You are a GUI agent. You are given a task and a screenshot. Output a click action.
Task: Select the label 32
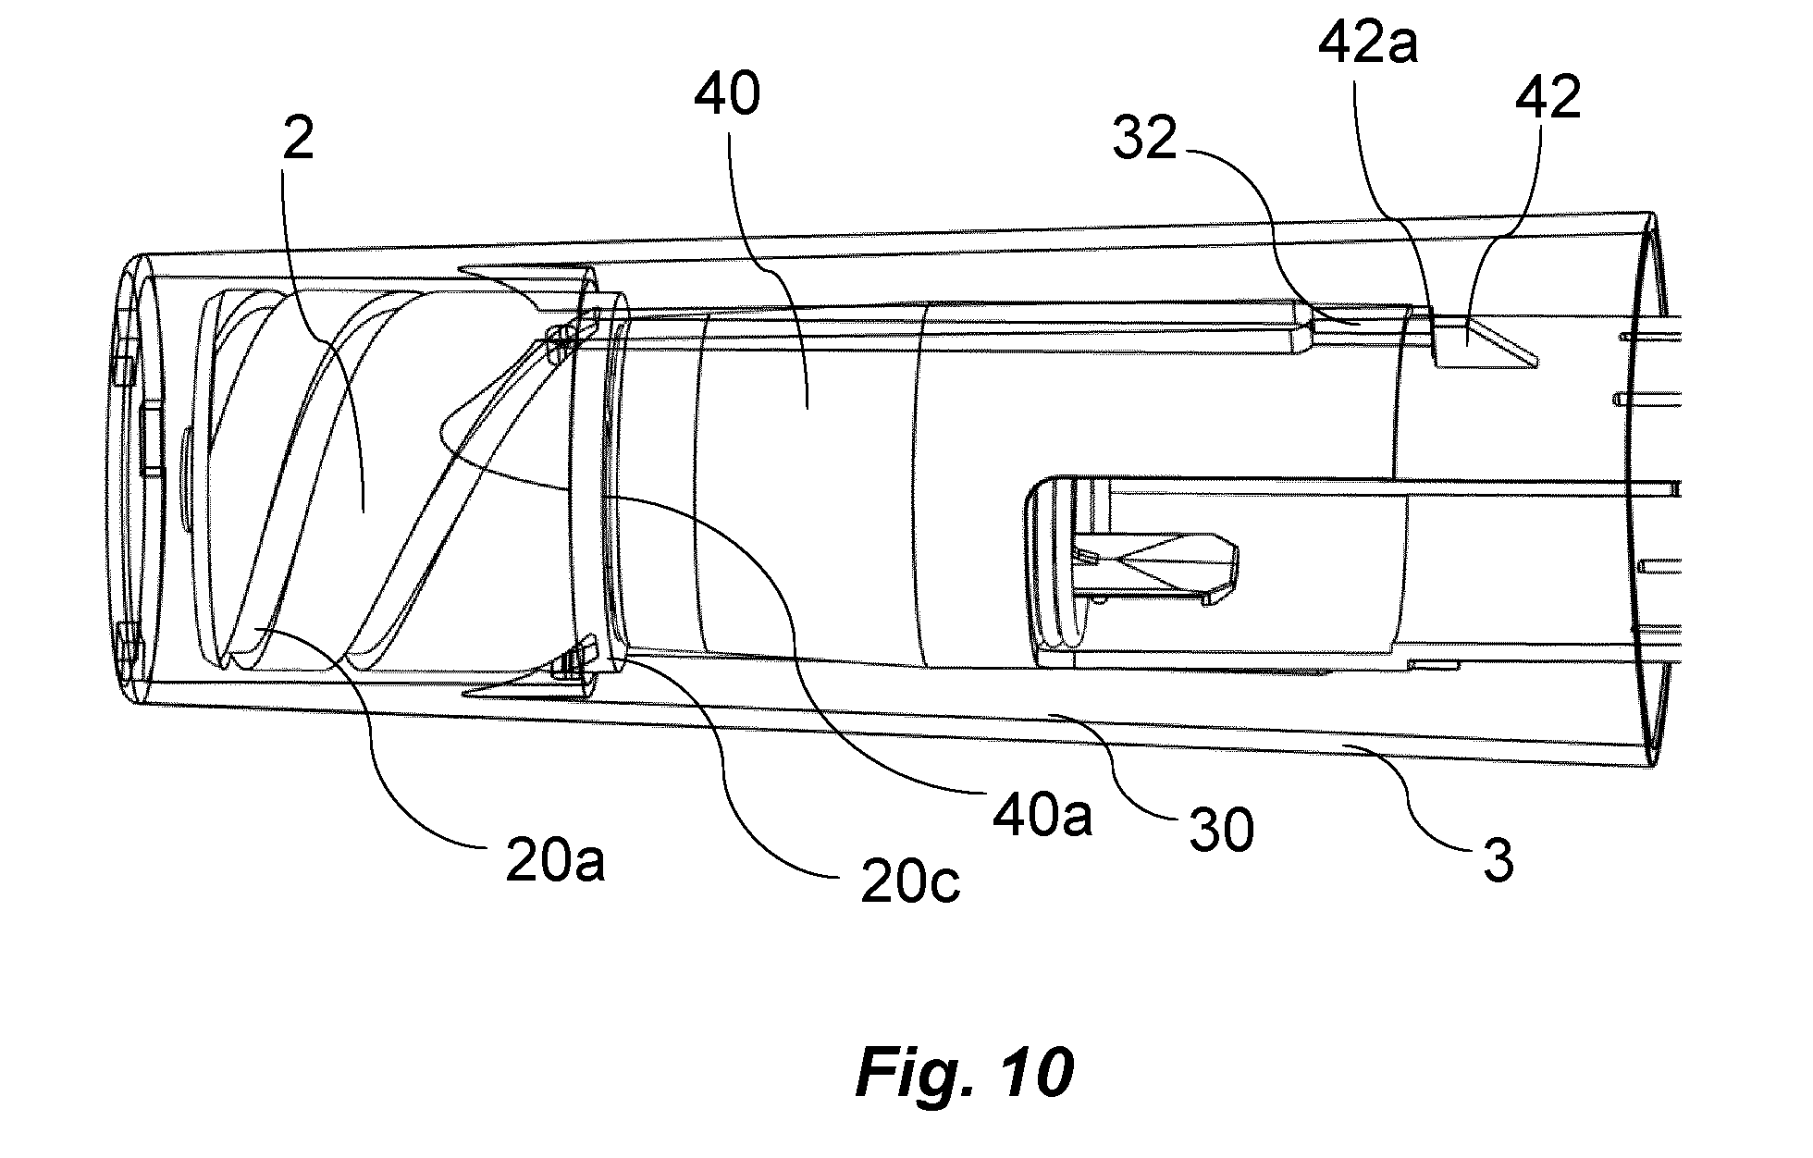[1145, 141]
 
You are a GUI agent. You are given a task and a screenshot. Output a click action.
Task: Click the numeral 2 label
[298, 139]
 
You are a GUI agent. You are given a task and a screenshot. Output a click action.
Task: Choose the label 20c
[910, 883]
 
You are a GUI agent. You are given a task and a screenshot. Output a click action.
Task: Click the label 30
[1221, 828]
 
